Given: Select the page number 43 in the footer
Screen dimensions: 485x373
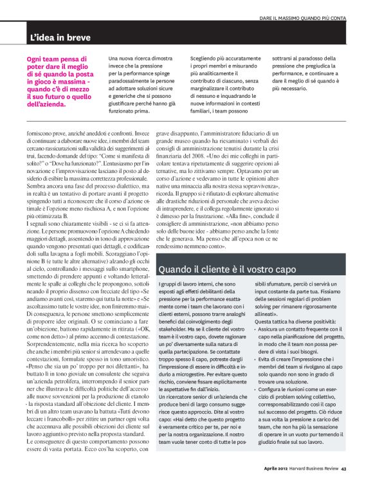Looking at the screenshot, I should pos(345,468).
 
